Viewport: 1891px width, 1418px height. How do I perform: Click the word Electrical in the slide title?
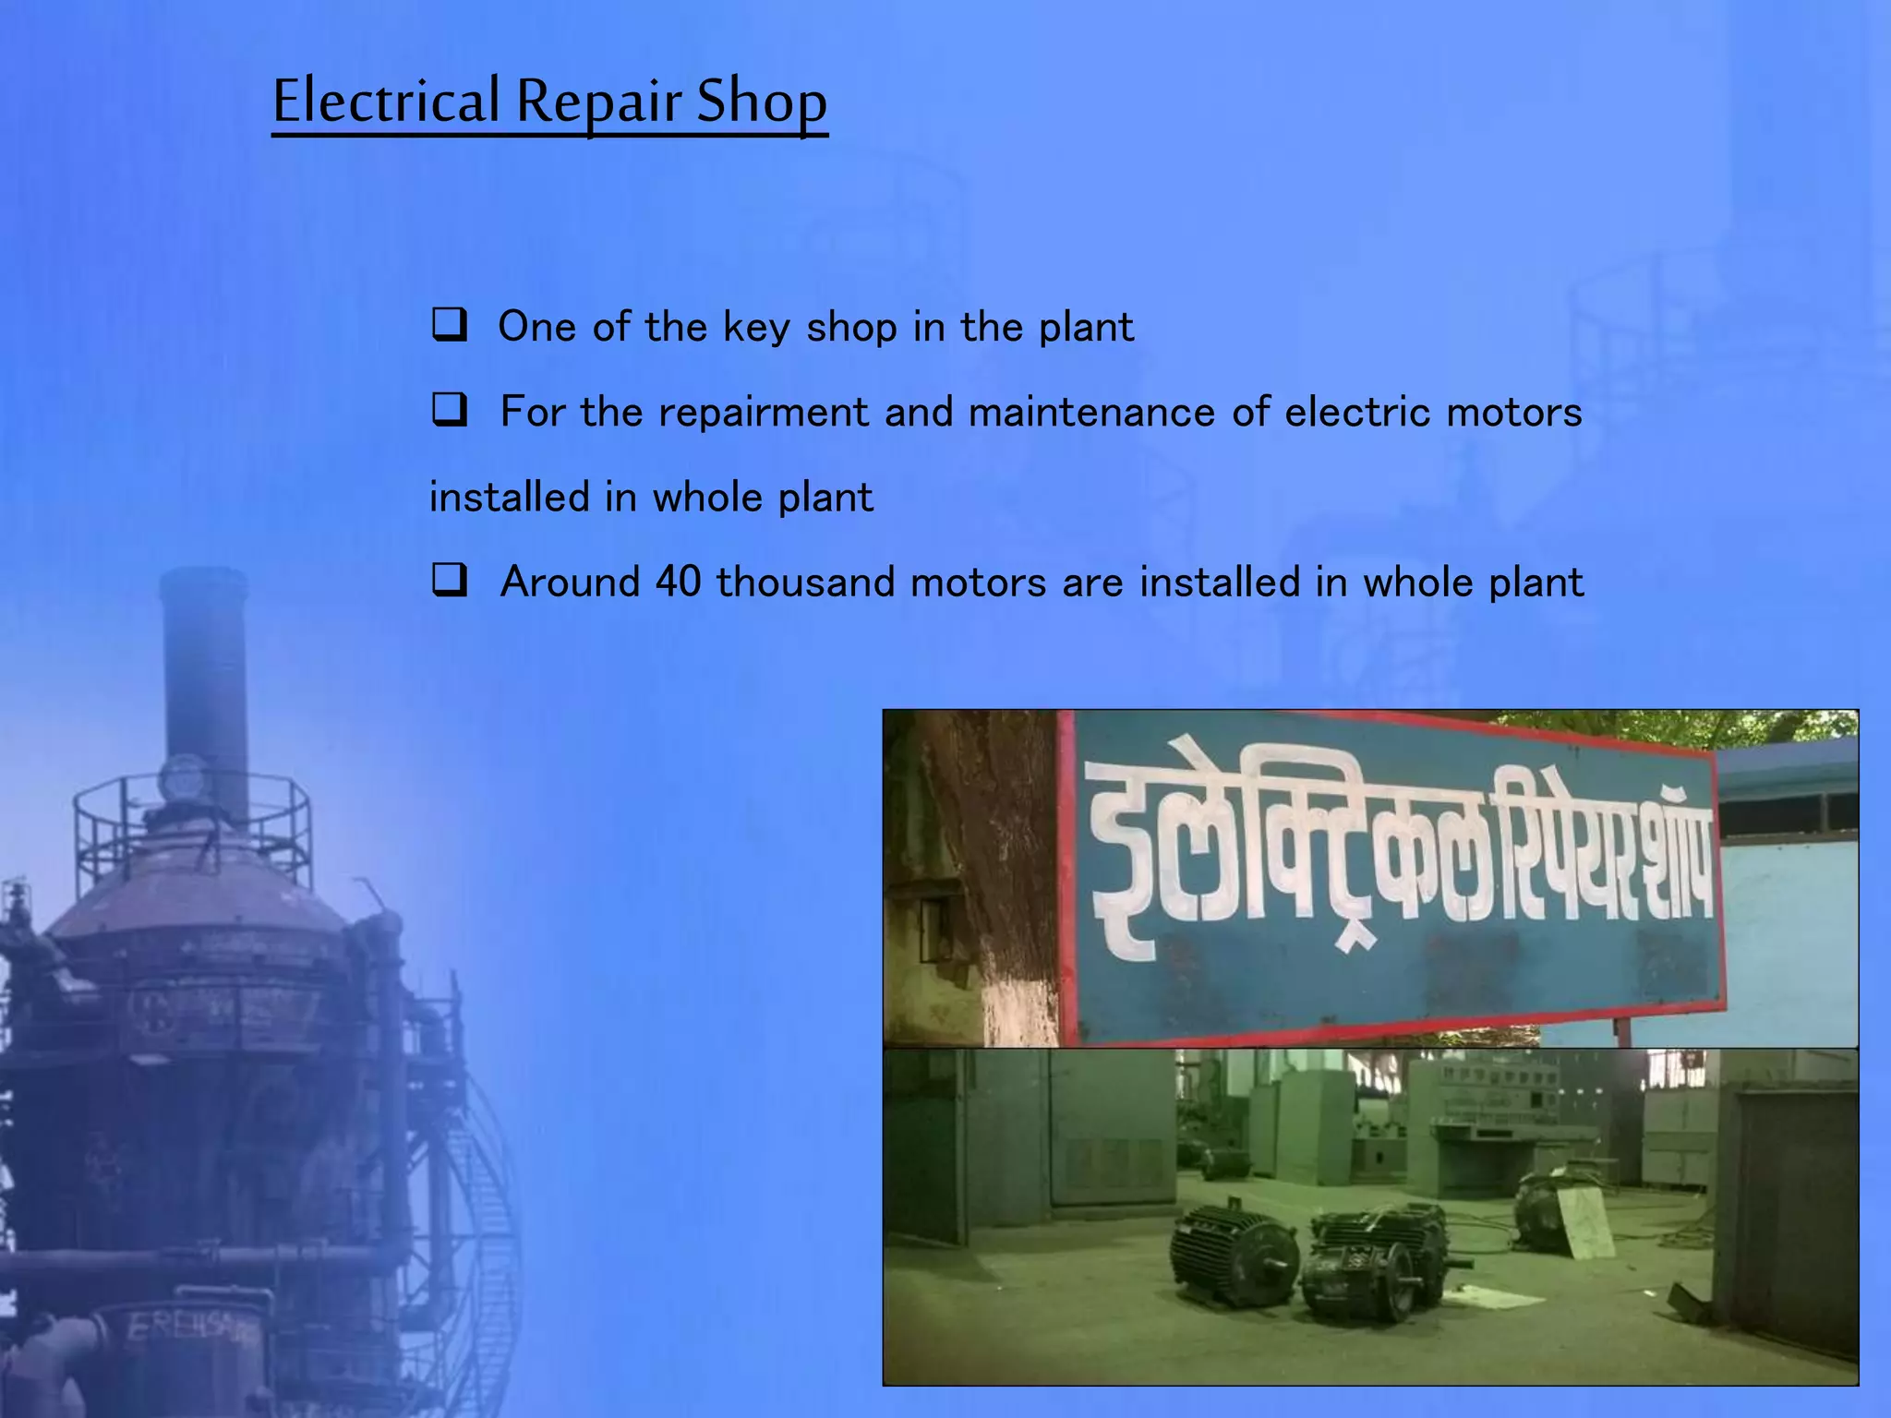click(x=386, y=102)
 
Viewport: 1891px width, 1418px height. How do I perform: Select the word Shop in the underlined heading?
click(x=761, y=102)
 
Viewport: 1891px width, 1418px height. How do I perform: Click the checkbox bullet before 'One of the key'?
click(x=450, y=326)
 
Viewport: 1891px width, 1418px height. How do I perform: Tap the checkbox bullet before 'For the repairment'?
click(x=450, y=410)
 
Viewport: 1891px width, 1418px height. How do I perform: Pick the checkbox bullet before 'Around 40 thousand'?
click(x=450, y=581)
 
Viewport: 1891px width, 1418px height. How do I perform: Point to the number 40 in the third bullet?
click(x=678, y=583)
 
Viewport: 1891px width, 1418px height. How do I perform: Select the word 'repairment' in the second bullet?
click(x=764, y=412)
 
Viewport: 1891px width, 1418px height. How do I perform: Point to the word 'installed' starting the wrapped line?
click(x=510, y=498)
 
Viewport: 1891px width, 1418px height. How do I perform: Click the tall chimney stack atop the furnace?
click(x=204, y=683)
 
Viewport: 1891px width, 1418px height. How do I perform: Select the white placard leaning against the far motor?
click(x=1584, y=1220)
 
